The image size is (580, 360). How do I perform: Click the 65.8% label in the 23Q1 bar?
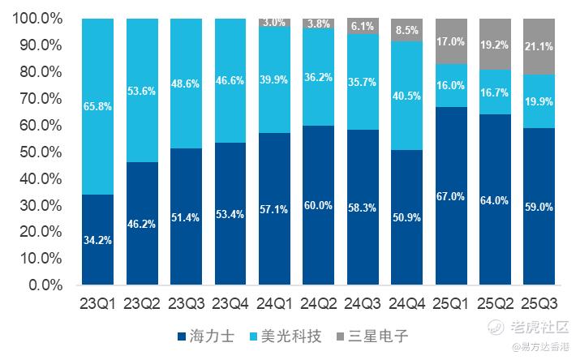point(97,105)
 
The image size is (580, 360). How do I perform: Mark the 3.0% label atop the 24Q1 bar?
point(274,23)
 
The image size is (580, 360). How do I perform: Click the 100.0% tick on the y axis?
point(37,19)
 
